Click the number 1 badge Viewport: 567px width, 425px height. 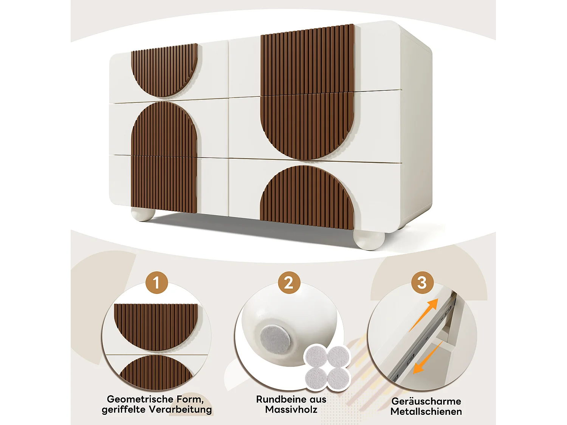pyautogui.click(x=156, y=283)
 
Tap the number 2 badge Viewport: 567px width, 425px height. pyautogui.click(x=289, y=283)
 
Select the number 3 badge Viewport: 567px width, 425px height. pyautogui.click(x=422, y=283)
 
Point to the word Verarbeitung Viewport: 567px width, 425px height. pyautogui.click(x=180, y=410)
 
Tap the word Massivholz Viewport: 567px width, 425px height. pyautogui.click(x=291, y=410)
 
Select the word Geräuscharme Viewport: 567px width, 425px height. pyautogui.click(x=426, y=401)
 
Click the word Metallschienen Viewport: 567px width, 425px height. pyautogui.click(x=426, y=411)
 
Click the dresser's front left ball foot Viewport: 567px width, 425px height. pyautogui.click(x=143, y=214)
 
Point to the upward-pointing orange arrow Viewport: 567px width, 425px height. pyautogui.click(x=424, y=314)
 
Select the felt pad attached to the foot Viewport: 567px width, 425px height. pyautogui.click(x=275, y=338)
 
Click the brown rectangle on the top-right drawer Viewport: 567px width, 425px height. pyautogui.click(x=307, y=60)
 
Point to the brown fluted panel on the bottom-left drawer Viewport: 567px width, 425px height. pyautogui.click(x=164, y=184)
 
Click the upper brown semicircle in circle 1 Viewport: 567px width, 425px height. pyautogui.click(x=156, y=325)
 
